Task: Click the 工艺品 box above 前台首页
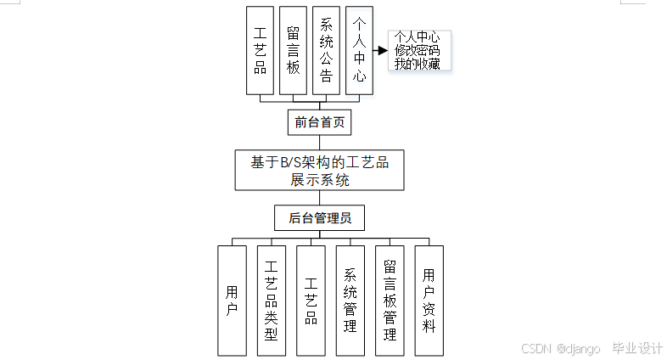click(x=260, y=51)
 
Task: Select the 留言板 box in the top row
click(x=293, y=51)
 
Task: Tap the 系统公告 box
click(x=326, y=51)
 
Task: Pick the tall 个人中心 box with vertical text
click(x=359, y=51)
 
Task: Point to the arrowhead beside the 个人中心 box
click(x=382, y=50)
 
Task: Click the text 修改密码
click(x=417, y=50)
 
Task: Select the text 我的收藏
click(x=417, y=64)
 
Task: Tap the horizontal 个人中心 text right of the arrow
click(x=417, y=37)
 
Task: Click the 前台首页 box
click(x=319, y=122)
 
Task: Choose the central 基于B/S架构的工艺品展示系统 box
click(x=319, y=170)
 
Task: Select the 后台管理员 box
click(x=319, y=218)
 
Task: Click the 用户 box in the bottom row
click(x=232, y=301)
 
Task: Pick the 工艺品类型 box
click(x=272, y=301)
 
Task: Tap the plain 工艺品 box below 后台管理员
click(x=311, y=301)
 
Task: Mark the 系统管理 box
click(x=350, y=301)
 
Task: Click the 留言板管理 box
click(x=390, y=301)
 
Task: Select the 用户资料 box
click(x=429, y=301)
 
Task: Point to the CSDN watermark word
click(x=536, y=348)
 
